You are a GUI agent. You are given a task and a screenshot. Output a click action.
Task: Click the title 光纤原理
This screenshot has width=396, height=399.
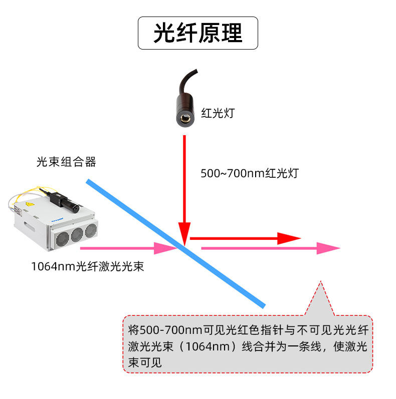point(197,33)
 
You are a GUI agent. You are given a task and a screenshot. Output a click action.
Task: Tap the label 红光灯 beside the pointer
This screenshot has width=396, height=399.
point(218,113)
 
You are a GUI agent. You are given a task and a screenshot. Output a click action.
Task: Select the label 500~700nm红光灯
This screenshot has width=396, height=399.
point(250,173)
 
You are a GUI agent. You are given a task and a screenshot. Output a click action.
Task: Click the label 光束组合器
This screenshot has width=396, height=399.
point(66,162)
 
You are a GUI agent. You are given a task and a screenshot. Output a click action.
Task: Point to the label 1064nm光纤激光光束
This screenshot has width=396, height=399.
point(88,266)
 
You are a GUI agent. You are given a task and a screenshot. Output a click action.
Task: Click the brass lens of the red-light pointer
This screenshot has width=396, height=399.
point(185,118)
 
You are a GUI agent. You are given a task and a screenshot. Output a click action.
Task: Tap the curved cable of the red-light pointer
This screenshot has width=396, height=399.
point(187,81)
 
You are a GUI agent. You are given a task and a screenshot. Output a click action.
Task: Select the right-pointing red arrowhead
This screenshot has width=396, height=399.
point(289,238)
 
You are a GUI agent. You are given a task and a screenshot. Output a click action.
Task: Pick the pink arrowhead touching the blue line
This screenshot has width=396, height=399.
point(165,248)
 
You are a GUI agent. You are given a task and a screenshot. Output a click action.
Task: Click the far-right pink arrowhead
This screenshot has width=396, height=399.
point(328,248)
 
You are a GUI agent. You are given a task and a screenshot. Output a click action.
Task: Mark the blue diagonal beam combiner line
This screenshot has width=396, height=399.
point(175,243)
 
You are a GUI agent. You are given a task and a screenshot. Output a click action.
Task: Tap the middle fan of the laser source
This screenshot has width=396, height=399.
point(77,235)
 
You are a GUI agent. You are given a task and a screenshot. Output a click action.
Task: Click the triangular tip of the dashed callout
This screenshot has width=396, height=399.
point(321,281)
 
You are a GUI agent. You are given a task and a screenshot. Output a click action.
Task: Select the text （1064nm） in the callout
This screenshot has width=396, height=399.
point(208,346)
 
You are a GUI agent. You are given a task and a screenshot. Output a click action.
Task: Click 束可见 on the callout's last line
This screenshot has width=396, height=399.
point(145,362)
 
